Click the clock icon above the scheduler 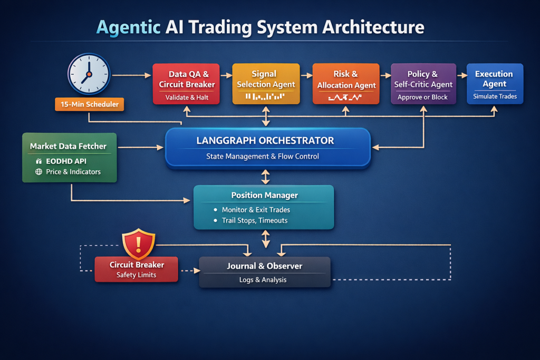[89, 74]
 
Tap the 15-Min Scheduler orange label [90, 104]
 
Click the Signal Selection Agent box [266, 83]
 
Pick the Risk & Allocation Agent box [346, 83]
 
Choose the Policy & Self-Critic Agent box [423, 83]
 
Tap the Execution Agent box [495, 83]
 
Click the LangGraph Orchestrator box [268, 148]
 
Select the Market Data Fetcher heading [68, 146]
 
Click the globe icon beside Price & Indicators [38, 172]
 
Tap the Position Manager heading [264, 195]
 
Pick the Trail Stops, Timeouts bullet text [255, 220]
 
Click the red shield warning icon [138, 244]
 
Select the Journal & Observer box [265, 271]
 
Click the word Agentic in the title [128, 27]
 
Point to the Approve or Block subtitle [422, 97]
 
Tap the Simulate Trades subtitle [495, 96]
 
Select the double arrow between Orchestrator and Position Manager [266, 176]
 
